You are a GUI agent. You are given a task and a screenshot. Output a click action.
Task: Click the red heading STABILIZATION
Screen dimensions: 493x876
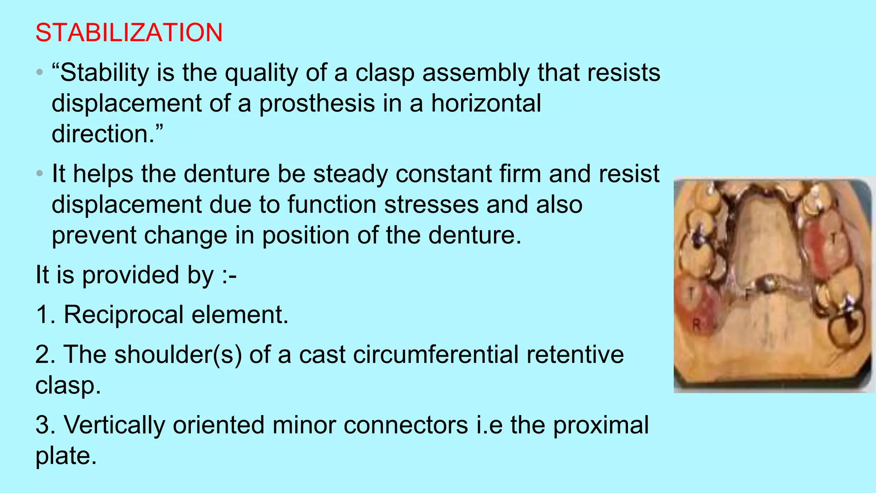pos(129,33)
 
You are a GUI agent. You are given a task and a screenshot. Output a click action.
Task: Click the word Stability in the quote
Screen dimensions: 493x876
pos(104,73)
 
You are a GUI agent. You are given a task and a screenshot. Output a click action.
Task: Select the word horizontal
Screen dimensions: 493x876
pos(486,104)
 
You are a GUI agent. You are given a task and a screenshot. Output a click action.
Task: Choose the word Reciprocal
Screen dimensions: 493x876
pos(123,315)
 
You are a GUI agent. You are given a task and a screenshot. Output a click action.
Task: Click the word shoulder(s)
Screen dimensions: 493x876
pos(178,355)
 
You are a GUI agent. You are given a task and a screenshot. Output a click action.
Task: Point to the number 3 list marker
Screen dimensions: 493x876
pos(44,425)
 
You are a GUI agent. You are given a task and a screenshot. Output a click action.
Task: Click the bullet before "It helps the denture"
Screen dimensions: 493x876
pos(40,174)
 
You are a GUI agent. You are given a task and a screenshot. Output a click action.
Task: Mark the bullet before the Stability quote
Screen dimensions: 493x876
pos(40,72)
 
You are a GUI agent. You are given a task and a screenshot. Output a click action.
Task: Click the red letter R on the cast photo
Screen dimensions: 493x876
pos(696,325)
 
